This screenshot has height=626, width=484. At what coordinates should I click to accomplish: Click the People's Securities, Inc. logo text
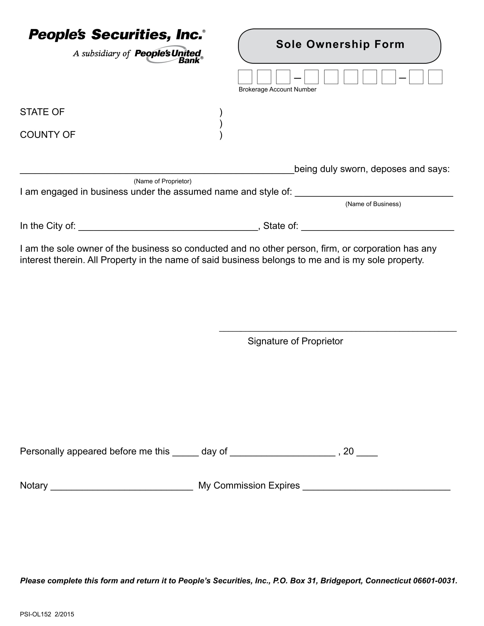116,35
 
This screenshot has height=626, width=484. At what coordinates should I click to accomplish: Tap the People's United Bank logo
169,55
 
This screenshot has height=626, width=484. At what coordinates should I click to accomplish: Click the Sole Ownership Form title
340,44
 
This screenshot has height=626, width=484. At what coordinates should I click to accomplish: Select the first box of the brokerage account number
245,77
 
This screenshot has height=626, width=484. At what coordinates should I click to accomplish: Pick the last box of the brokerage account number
435,77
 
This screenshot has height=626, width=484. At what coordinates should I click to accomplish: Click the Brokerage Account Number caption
277,89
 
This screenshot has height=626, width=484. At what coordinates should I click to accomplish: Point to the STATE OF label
42,112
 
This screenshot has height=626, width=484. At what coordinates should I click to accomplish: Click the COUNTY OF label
48,135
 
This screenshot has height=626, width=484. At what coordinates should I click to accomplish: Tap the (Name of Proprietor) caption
163,181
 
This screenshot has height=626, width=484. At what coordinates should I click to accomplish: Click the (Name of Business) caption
373,204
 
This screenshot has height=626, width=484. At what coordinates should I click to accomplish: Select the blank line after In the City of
168,228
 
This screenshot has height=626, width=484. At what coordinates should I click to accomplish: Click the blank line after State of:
377,228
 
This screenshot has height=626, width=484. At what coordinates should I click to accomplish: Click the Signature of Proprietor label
295,341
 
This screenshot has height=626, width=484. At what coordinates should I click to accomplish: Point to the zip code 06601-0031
434,581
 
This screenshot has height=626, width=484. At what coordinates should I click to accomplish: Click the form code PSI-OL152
36,614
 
